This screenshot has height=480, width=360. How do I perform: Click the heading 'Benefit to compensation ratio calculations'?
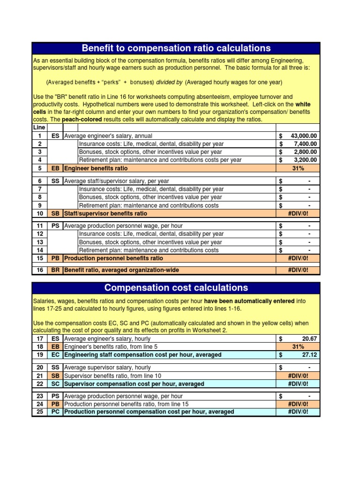176,48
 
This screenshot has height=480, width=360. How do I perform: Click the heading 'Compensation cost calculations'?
176,288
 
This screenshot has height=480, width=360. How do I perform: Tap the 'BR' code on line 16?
55,270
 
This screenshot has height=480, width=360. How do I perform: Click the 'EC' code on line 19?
55,355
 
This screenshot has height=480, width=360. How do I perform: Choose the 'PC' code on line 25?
55,412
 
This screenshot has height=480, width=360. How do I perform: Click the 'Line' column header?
39,127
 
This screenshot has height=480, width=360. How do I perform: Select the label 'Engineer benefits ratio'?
96,168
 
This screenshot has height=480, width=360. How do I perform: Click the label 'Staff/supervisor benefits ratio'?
105,213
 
